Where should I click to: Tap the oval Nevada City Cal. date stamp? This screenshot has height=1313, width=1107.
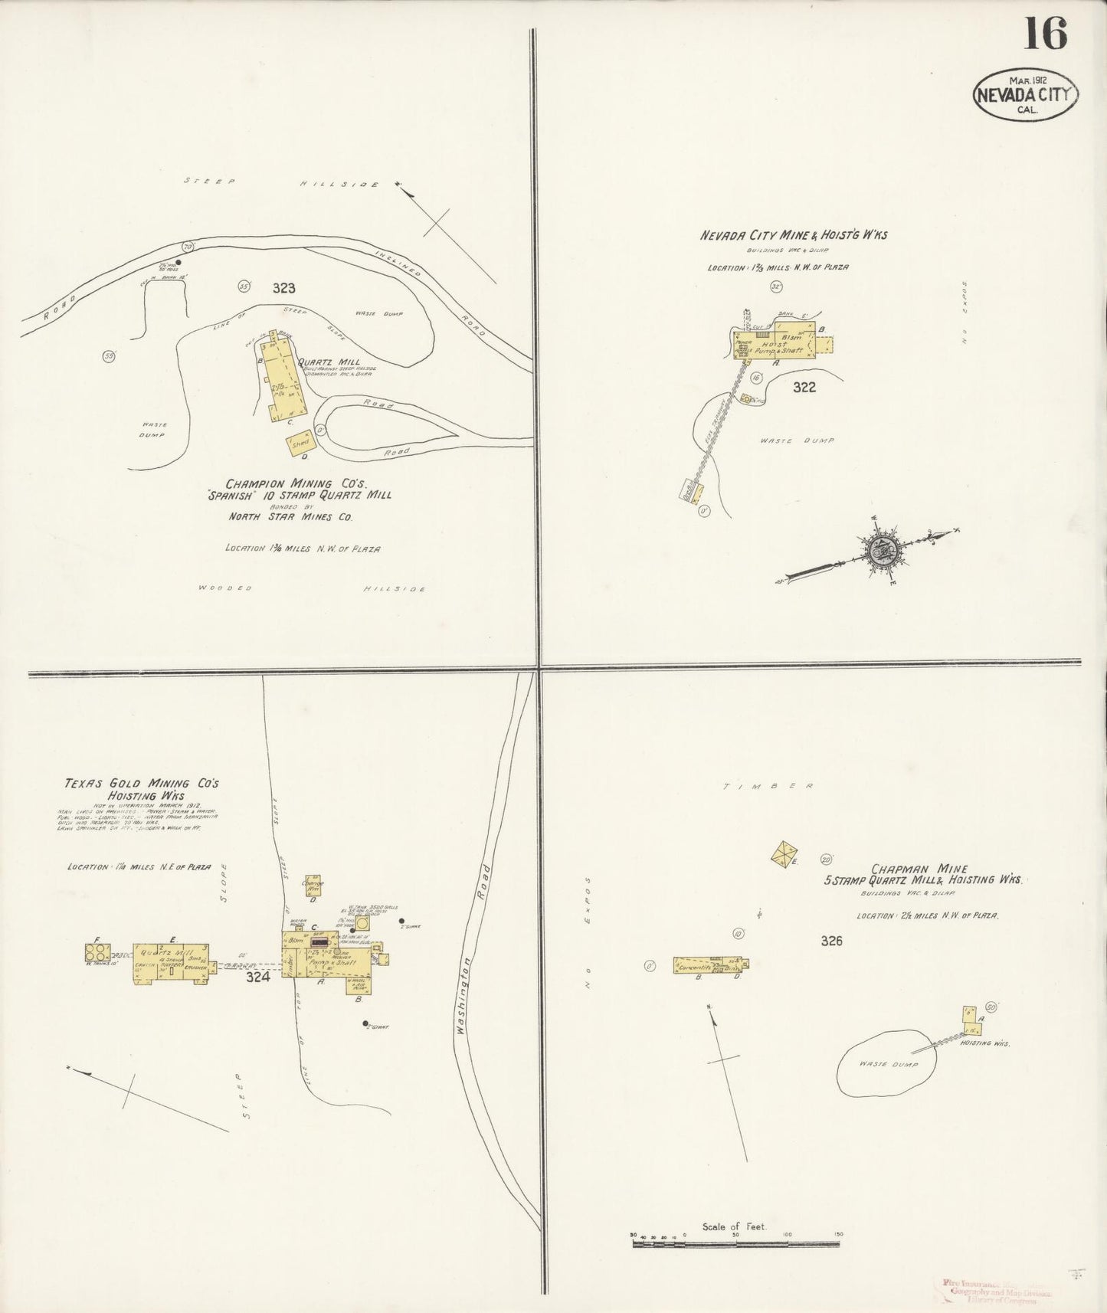pyautogui.click(x=1027, y=94)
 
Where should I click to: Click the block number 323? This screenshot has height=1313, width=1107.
pyautogui.click(x=283, y=288)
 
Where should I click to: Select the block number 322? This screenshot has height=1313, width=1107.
pyautogui.click(x=804, y=387)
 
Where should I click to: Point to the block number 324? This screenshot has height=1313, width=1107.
pyautogui.click(x=257, y=977)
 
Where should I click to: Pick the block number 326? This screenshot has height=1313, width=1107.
pyautogui.click(x=831, y=941)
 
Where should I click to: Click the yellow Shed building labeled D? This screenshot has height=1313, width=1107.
pyautogui.click(x=298, y=444)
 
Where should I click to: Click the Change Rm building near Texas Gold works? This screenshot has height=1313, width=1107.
pyautogui.click(x=313, y=883)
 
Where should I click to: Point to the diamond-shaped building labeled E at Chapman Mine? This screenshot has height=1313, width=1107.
pyautogui.click(x=784, y=853)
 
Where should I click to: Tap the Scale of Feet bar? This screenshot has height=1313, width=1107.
pyautogui.click(x=736, y=1244)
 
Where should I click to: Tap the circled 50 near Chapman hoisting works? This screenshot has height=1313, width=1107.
pyautogui.click(x=991, y=1007)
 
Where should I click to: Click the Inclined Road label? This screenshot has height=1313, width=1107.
pyautogui.click(x=431, y=292)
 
